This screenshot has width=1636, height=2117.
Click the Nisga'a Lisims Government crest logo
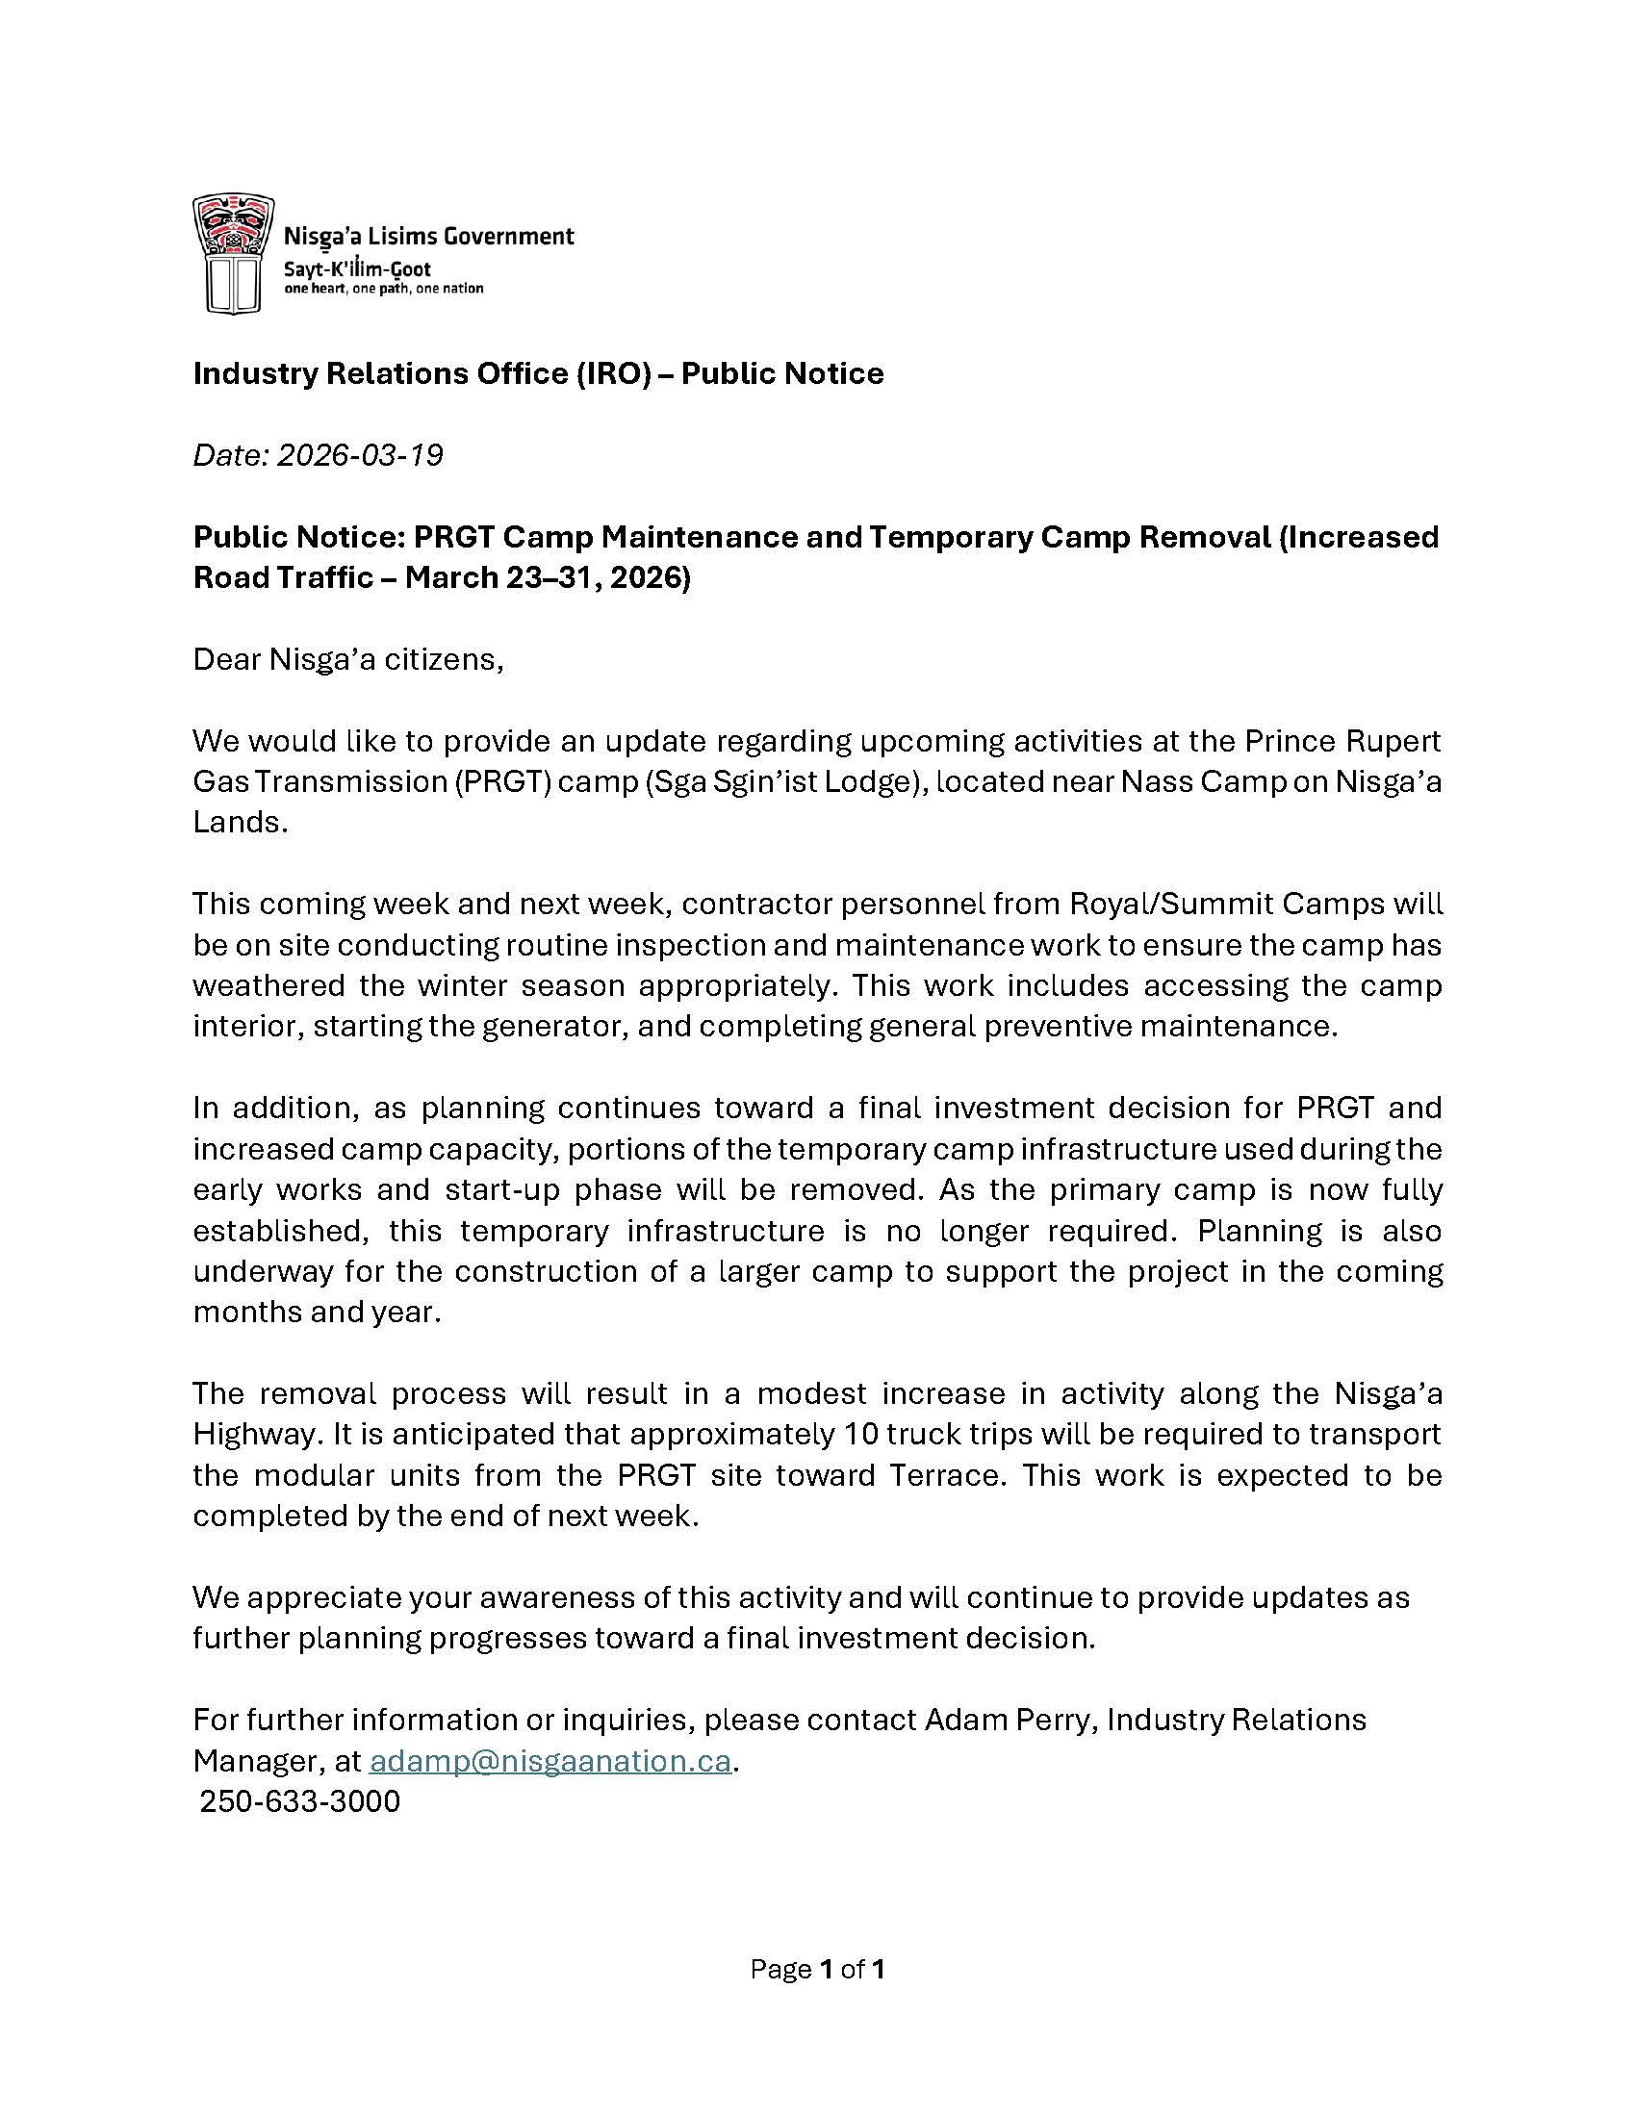tap(229, 253)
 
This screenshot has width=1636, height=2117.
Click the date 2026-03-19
tap(360, 454)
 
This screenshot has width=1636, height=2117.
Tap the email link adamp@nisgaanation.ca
tap(550, 1760)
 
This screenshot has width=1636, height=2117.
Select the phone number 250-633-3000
tap(299, 1801)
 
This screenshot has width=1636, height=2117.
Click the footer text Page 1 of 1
tap(817, 1969)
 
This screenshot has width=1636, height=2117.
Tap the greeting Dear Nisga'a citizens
tap(348, 659)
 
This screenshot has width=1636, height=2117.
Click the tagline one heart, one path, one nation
tap(383, 289)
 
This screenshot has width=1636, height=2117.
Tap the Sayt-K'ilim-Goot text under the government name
tap(357, 269)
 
